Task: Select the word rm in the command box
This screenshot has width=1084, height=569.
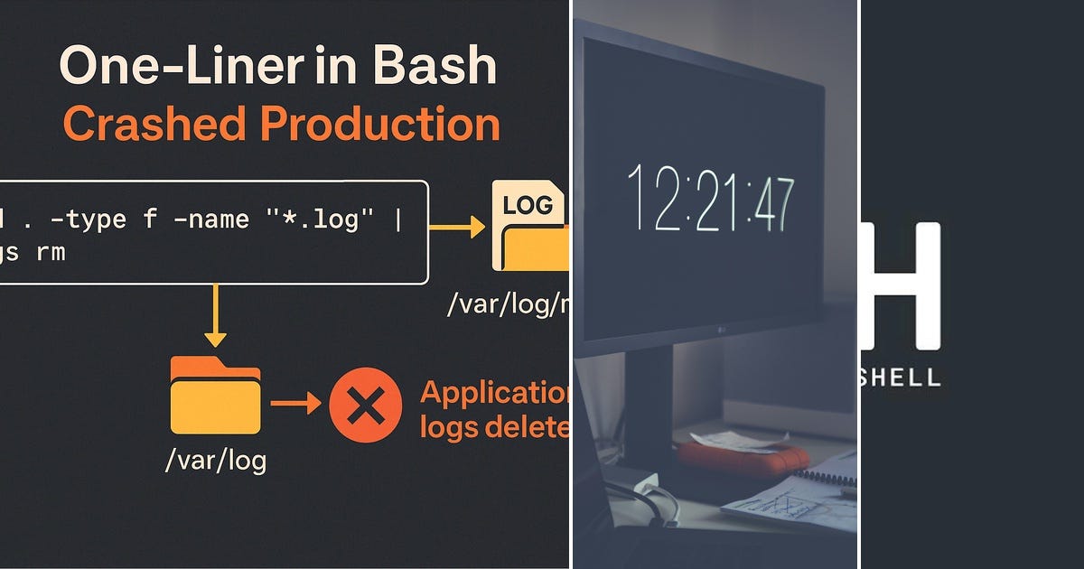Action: (x=51, y=253)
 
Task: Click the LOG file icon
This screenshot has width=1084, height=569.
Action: (x=528, y=226)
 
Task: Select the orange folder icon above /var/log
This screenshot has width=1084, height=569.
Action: (x=215, y=395)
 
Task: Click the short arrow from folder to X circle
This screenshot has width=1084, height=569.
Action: (x=295, y=404)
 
